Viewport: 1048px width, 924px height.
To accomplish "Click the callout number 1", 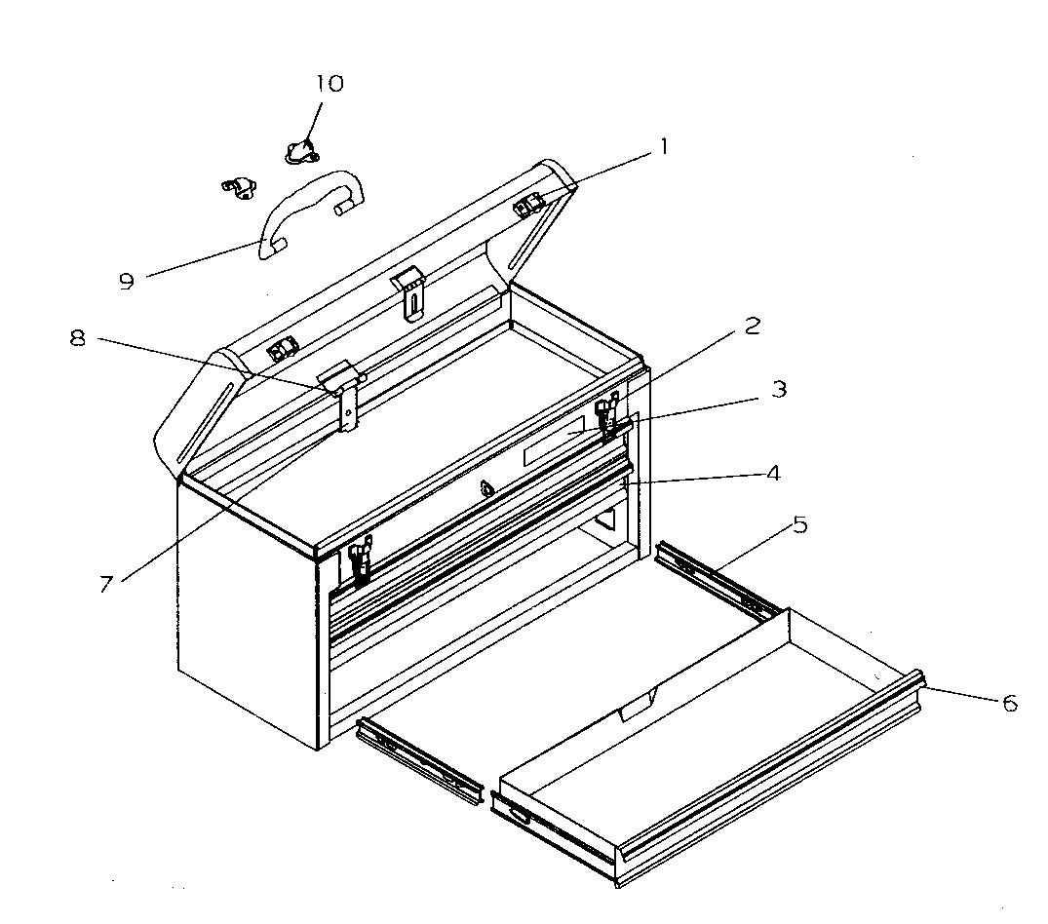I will (x=663, y=148).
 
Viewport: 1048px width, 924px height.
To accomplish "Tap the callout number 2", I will (x=751, y=327).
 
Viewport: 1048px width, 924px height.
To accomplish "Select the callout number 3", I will (x=778, y=389).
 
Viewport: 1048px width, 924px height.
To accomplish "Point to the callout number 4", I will (x=772, y=473).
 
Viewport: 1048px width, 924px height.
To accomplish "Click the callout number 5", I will (x=799, y=525).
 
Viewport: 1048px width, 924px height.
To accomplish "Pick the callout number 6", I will (x=1009, y=702).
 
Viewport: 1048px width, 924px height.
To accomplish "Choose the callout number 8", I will (x=78, y=338).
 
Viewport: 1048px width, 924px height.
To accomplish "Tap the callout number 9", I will (x=126, y=281).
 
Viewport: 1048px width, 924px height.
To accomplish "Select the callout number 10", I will (x=330, y=84).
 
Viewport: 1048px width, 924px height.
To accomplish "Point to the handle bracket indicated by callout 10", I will (x=300, y=150).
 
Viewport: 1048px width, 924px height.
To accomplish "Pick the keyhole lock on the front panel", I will (x=485, y=489).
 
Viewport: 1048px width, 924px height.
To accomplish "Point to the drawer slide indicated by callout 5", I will (x=717, y=580).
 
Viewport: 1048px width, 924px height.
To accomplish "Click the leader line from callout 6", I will (x=965, y=694).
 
